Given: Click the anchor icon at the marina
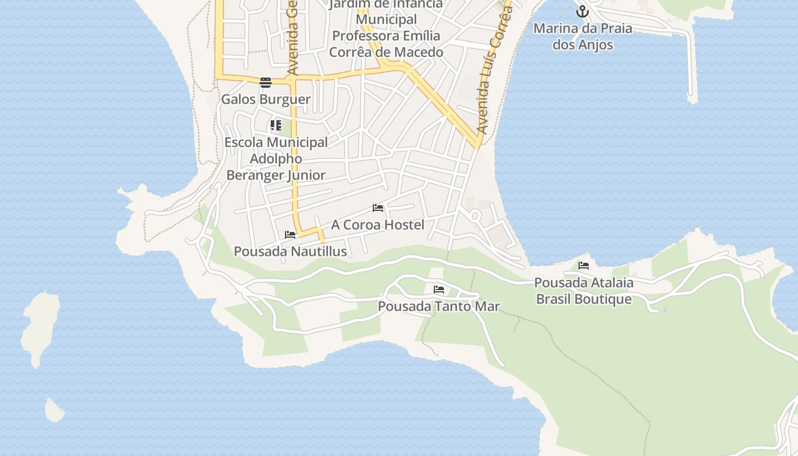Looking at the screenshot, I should [x=582, y=11].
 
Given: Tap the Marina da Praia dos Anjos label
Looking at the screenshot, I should [x=583, y=36].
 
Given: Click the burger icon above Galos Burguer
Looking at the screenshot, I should [x=265, y=83].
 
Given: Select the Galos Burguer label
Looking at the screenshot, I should [x=266, y=99].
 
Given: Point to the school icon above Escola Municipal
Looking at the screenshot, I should [x=276, y=125].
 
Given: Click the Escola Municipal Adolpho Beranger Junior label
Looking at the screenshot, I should [x=276, y=158].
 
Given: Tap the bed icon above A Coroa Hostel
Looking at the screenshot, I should [x=378, y=208].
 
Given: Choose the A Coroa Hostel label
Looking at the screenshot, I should [x=377, y=225].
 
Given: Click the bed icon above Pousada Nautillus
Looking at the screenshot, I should [x=290, y=235].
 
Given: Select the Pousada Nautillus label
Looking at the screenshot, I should [x=290, y=251].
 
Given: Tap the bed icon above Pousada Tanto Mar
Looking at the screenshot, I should [x=439, y=290].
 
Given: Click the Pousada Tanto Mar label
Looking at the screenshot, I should [x=439, y=306].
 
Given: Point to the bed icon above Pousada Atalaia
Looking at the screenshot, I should [x=584, y=266].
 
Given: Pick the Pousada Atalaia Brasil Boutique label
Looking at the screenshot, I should [x=584, y=291].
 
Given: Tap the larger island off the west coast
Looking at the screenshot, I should [x=40, y=328].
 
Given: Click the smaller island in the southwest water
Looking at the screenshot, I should [x=54, y=410].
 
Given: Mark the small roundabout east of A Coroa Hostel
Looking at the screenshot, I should [x=475, y=215].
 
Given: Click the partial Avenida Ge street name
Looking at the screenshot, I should [x=293, y=37].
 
